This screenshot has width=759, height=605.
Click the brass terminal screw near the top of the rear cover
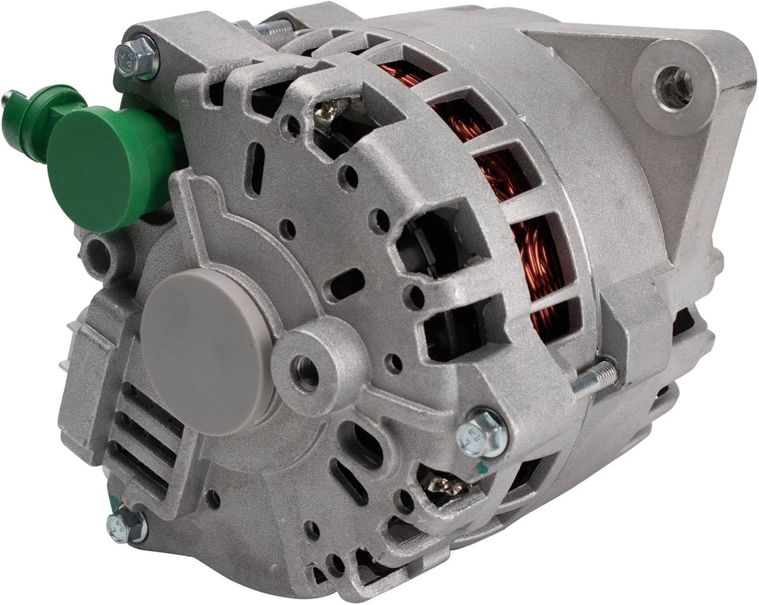coord(324,109)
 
